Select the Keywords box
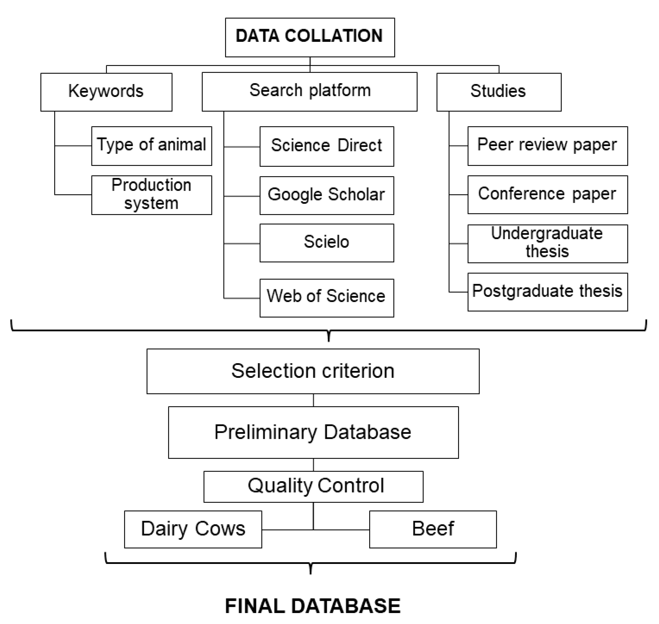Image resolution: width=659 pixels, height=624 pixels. (106, 92)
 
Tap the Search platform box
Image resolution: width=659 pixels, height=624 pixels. (309, 92)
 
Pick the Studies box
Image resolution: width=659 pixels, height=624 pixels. (499, 92)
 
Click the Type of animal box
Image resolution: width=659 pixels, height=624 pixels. (152, 146)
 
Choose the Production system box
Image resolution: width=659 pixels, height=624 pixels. (152, 195)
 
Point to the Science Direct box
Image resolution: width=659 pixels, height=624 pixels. (326, 146)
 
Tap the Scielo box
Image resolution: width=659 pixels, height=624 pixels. (326, 243)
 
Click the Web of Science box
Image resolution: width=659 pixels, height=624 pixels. (326, 298)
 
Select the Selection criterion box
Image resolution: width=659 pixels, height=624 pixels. (313, 371)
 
